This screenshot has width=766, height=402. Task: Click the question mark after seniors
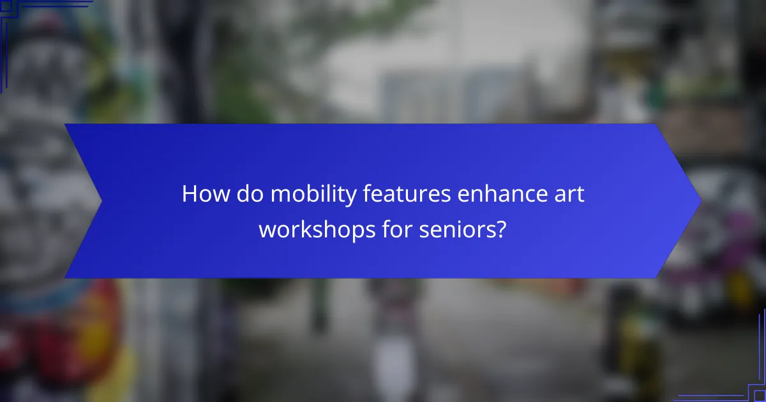(x=501, y=228)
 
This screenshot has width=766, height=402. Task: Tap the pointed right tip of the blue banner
(x=700, y=201)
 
